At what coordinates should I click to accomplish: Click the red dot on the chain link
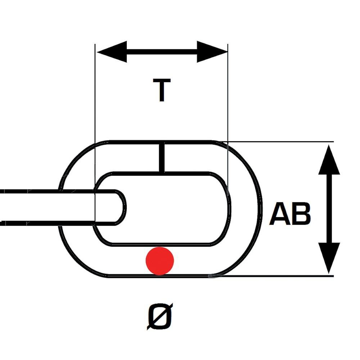(x=160, y=261)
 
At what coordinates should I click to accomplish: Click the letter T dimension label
(x=162, y=90)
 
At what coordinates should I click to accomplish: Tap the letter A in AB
(x=280, y=214)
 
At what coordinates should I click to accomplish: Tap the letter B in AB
(x=301, y=214)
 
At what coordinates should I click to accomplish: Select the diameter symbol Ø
(x=160, y=317)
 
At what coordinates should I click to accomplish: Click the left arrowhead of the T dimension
(x=112, y=52)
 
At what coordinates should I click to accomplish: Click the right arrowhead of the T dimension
(x=212, y=52)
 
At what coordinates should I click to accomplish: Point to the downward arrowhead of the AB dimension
(x=329, y=258)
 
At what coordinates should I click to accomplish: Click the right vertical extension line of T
(x=228, y=120)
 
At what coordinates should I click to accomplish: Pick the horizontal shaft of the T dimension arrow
(x=162, y=52)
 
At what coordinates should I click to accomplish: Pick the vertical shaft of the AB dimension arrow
(x=329, y=209)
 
